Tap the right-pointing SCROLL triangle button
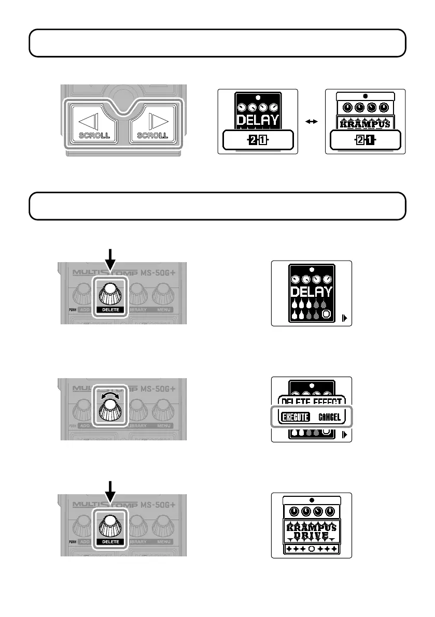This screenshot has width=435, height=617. click(153, 123)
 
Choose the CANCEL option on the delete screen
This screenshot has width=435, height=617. click(330, 417)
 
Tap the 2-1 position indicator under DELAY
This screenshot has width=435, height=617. click(258, 140)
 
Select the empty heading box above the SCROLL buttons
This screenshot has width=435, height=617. click(217, 42)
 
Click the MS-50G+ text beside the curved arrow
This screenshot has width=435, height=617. click(161, 388)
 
